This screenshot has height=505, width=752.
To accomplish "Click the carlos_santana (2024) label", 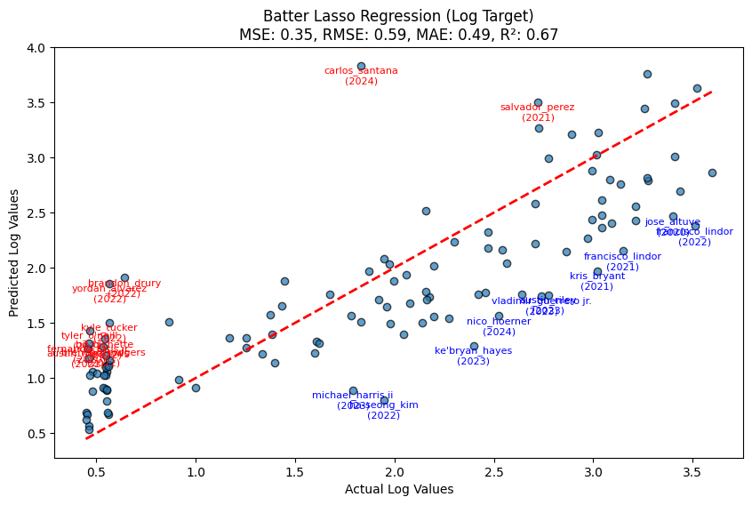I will coord(361,76).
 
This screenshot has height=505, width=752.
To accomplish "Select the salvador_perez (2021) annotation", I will coord(538,112).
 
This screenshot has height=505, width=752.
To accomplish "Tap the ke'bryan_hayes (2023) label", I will coord(473,356).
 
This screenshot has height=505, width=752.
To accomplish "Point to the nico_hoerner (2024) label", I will coord(499,326).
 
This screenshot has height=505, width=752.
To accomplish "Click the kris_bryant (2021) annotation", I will coord(597,281).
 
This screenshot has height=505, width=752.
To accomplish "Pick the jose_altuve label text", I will coord(673,222).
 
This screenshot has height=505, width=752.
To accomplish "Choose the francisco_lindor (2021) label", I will coord(622,261).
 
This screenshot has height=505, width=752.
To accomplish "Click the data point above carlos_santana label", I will coord(361,66).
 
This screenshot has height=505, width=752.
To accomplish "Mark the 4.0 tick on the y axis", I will coord(37,48).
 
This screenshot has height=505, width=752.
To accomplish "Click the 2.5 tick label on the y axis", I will coord(37,213).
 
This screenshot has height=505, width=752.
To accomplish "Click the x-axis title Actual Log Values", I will coord(399,490).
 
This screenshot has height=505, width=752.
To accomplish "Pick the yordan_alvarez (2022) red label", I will coord(109,293).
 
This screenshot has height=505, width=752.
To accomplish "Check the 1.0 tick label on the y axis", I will coord(37,379).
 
